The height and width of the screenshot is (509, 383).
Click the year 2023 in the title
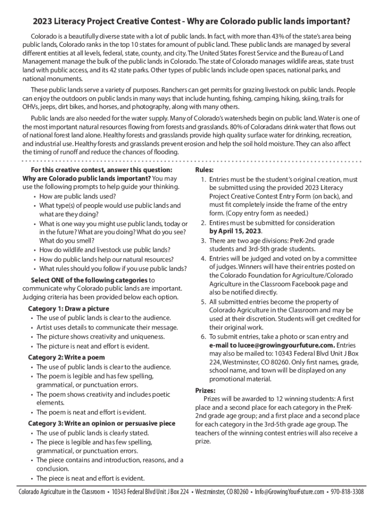click(43, 22)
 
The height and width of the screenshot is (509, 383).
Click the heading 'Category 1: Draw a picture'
click(69, 309)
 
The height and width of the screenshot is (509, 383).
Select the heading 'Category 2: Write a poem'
click(66, 357)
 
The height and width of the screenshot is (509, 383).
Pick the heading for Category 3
click(101, 424)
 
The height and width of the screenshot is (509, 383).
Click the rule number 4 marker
click(203, 258)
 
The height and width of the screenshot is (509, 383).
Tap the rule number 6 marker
click(203, 337)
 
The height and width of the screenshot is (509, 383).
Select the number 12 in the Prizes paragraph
click(272, 399)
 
